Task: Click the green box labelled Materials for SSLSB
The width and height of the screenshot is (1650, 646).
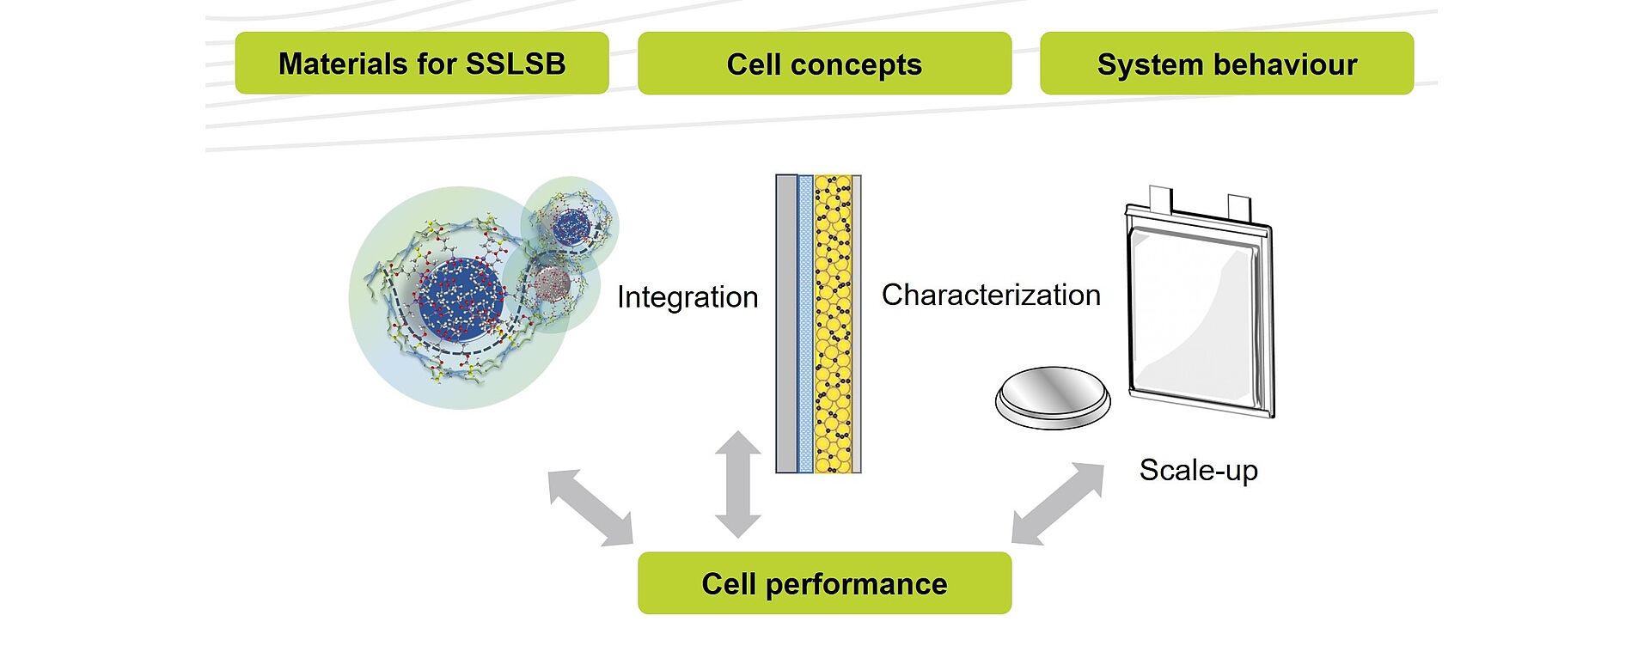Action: click(x=422, y=64)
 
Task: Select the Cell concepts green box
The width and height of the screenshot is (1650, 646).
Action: click(x=824, y=64)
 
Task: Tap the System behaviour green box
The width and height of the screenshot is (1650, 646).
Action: click(x=1226, y=64)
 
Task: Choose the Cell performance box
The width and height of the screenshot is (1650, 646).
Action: click(x=824, y=583)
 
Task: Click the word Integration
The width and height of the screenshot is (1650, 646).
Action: click(x=687, y=297)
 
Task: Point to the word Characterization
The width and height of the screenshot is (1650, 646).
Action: click(x=991, y=295)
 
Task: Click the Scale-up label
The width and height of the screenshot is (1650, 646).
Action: click(x=1198, y=470)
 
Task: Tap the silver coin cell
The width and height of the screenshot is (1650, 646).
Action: click(x=1053, y=399)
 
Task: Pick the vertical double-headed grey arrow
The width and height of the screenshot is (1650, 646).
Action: click(x=738, y=484)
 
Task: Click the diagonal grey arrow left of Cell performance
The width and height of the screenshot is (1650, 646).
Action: click(x=590, y=508)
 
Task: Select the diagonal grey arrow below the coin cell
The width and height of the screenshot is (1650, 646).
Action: click(x=1058, y=503)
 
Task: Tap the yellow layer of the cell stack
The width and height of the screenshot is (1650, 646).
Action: click(x=833, y=325)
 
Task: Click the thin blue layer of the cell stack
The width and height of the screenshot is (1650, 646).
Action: click(x=805, y=325)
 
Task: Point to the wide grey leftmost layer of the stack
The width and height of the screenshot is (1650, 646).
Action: click(x=786, y=325)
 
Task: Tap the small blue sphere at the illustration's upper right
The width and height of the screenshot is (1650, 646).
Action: click(x=571, y=226)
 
